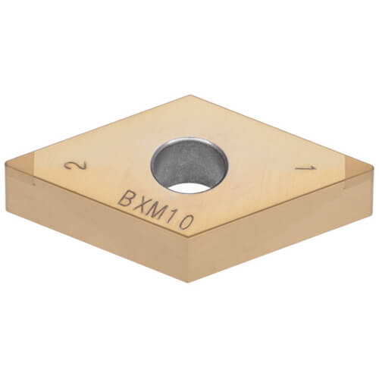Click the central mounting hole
189,164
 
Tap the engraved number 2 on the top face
74,167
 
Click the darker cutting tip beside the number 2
23,170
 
